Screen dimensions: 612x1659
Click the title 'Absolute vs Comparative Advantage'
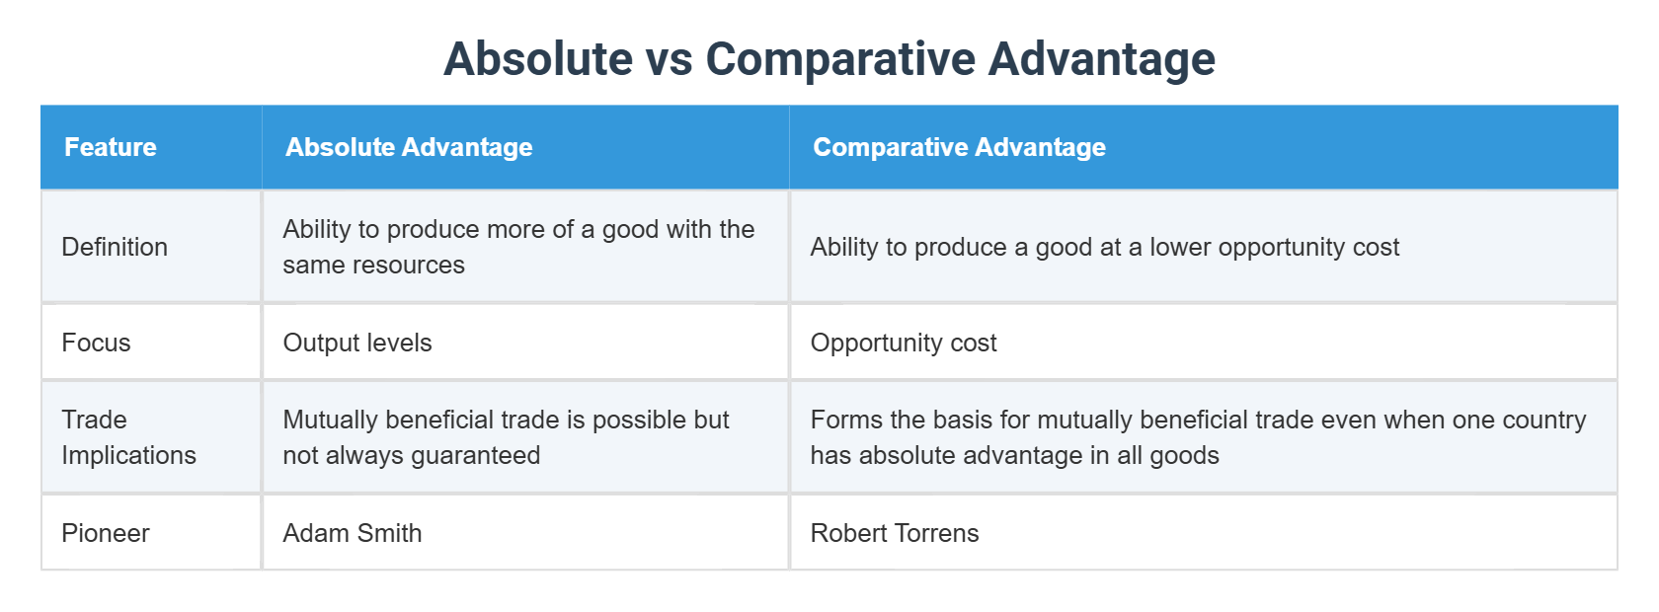[829, 59]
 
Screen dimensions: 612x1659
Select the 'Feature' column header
[111, 147]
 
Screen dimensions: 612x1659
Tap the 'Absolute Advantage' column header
[409, 147]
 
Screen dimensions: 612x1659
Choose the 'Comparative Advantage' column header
[959, 147]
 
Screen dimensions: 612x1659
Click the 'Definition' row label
[115, 247]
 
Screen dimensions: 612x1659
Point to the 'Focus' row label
[96, 343]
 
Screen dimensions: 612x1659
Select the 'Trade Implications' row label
[128, 437]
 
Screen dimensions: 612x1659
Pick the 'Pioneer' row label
[106, 533]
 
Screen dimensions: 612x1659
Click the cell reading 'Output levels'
[357, 343]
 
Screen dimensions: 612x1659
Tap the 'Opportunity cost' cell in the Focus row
[904, 343]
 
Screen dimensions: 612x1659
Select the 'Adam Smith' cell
[353, 533]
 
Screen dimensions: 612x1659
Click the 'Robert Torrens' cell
[895, 533]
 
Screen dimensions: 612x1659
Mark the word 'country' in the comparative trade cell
[1544, 420]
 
